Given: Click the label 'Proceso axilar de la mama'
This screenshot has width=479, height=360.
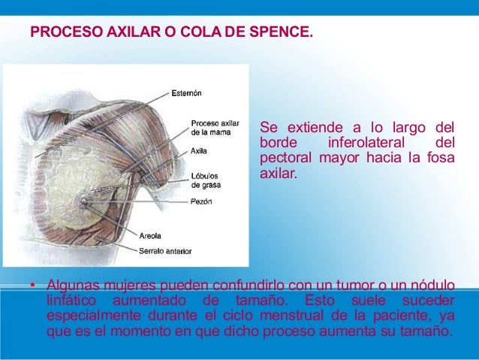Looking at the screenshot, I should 215,127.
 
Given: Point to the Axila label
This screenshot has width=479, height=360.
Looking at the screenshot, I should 199,150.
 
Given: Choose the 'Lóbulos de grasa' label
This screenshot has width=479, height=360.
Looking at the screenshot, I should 205,180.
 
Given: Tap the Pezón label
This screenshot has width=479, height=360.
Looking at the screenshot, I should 201,201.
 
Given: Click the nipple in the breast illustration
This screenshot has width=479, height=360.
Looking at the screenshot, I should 83,201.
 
